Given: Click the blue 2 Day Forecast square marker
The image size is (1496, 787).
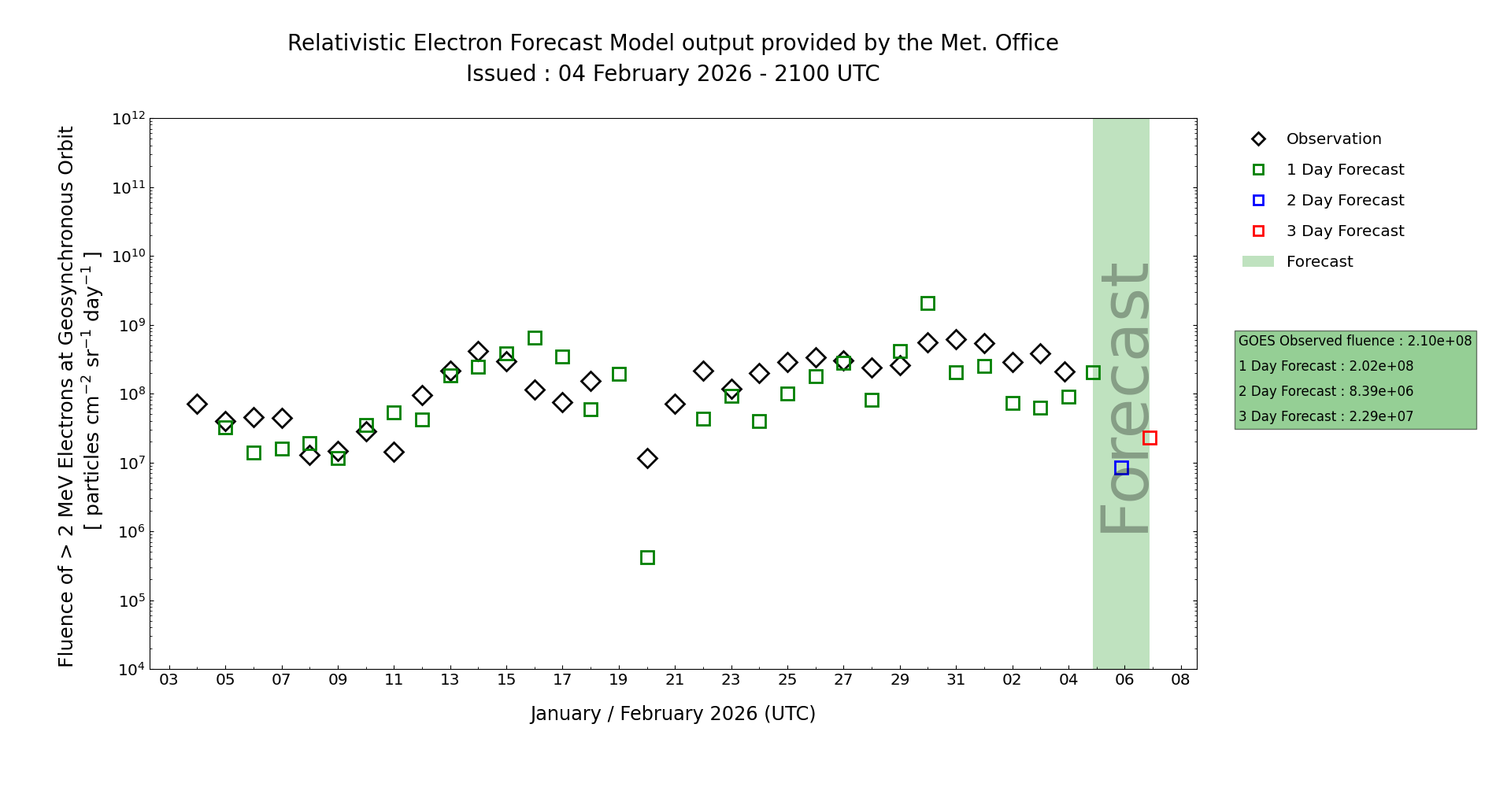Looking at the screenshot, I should pos(1121,467).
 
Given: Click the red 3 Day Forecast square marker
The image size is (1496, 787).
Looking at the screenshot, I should pos(1150,438).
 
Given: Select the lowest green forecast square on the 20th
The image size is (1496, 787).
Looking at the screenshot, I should pos(647,557).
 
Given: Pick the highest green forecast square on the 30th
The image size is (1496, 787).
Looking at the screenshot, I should pos(928,303).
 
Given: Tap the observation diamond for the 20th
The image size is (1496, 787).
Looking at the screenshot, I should pos(647,458).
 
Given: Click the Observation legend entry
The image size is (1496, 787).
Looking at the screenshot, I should pos(1333,139).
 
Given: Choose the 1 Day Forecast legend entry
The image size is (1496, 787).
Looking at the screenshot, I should pos(1344,170).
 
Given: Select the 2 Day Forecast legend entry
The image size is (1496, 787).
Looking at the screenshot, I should pos(1344,201).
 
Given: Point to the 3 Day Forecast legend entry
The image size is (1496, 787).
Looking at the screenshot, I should pos(1344,231).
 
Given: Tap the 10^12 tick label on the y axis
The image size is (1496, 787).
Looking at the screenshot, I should pos(128,119).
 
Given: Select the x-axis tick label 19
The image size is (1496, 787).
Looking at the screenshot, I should pos(619,680).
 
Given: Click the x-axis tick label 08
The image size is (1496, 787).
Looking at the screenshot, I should pos(1180,680).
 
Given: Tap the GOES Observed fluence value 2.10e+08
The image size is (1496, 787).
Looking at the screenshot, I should pos(1439,341).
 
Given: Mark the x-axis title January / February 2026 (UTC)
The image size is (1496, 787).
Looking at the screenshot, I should pos(673,714).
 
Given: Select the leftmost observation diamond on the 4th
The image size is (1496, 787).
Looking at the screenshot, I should pos(197,404).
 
